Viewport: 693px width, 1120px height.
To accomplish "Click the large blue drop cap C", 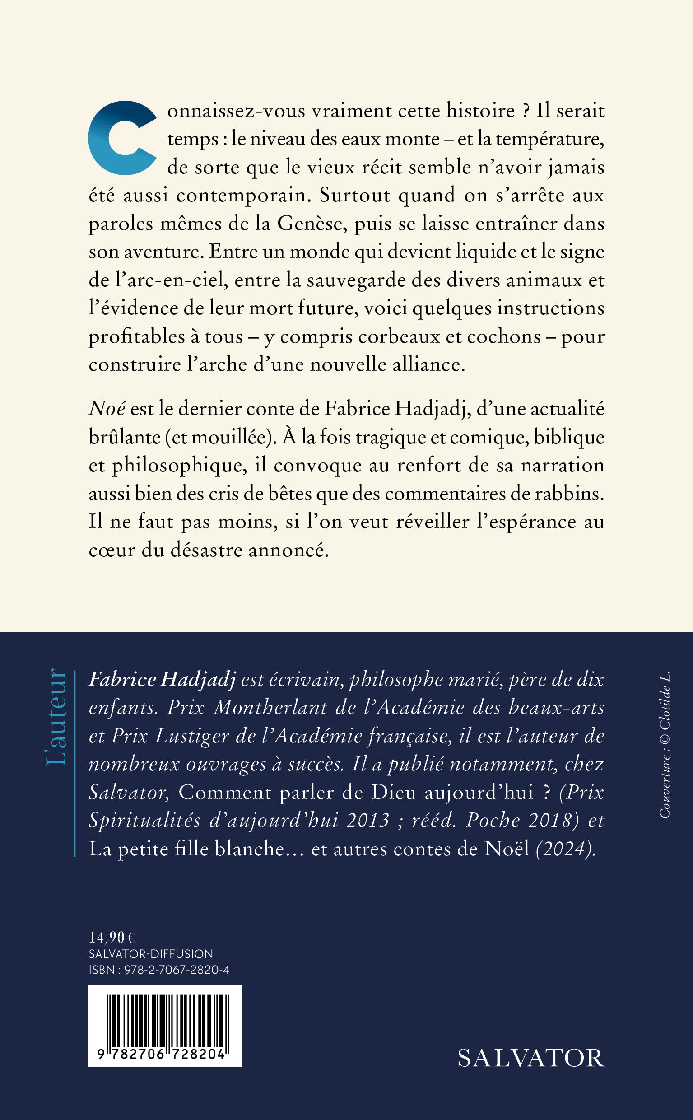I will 120,138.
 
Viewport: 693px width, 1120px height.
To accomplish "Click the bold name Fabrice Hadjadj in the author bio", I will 162,679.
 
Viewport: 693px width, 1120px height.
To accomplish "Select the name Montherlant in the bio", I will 270,707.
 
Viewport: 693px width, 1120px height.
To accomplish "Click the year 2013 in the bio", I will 367,820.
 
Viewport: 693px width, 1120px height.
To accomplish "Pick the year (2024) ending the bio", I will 566,849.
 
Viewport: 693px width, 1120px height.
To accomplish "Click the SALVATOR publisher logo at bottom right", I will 531,1058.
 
